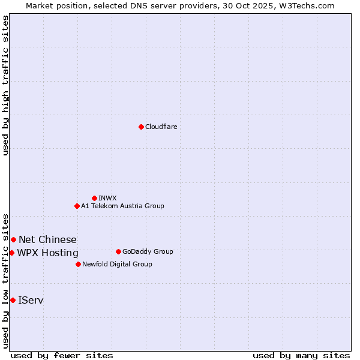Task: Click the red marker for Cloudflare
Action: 141,127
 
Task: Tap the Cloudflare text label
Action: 161,127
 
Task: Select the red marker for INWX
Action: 94,198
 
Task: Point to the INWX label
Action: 107,198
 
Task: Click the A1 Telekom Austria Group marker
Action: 77,206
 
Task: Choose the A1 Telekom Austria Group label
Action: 122,206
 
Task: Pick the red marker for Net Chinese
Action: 13,240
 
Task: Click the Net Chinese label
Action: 47,240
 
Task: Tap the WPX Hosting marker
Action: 11,253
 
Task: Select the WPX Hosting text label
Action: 47,253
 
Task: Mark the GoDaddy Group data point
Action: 118,251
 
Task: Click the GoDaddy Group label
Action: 148,251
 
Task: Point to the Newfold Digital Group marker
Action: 78,264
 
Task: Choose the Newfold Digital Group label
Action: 117,264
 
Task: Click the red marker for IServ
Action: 13,300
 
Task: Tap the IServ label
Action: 31,300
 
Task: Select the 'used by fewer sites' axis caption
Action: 62,355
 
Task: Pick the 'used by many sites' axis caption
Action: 301,355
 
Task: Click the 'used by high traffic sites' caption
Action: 5,85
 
